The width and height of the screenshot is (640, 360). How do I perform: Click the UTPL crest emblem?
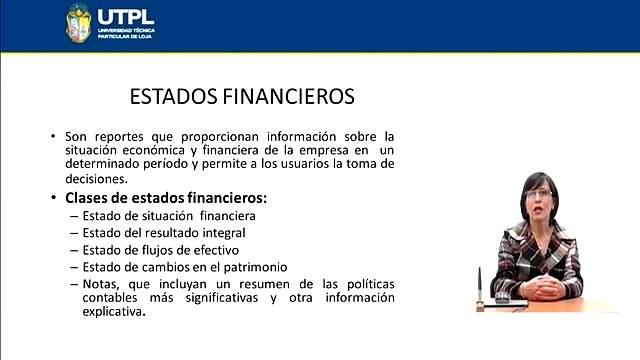pos(78,23)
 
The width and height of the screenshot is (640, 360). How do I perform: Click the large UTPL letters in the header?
pos(126,17)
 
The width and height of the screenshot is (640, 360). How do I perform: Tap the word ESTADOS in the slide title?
pos(174,97)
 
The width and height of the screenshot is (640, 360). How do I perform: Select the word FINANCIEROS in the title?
pos(289,97)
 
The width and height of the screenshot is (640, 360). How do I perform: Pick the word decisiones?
pos(96,179)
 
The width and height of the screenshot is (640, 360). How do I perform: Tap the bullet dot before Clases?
pos(53,198)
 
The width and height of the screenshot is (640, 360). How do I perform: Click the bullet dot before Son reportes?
pos(53,136)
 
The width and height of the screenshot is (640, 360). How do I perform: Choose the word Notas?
pos(101,284)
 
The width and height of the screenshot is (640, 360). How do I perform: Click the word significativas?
pos(222,298)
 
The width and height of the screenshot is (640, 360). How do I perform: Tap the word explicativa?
pos(114,312)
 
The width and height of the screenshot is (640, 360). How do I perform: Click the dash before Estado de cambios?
pos(74,268)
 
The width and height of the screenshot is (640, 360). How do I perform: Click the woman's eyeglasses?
pos(539,194)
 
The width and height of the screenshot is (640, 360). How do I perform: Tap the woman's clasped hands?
pos(542,287)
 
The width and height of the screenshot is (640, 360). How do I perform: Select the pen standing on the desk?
pos(480,288)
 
